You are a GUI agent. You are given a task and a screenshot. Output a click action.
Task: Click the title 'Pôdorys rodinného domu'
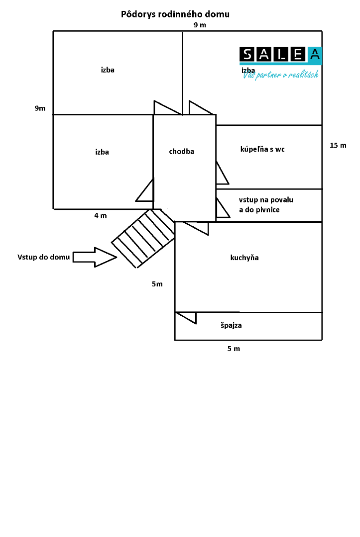pyautogui.click(x=175, y=14)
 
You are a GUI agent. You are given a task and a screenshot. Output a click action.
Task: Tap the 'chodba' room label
pyautogui.click(x=181, y=151)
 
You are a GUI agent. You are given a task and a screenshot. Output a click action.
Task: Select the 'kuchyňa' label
pyautogui.click(x=244, y=258)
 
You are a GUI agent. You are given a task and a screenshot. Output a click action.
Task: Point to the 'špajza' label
pyautogui.click(x=231, y=325)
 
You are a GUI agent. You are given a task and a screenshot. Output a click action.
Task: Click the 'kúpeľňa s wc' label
pyautogui.click(x=262, y=149)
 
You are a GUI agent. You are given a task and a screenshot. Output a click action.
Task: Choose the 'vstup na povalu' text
pyautogui.click(x=266, y=200)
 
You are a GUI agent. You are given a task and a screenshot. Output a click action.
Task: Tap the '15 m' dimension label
pyautogui.click(x=338, y=145)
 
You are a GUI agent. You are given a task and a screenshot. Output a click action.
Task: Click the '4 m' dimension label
pyautogui.click(x=101, y=215)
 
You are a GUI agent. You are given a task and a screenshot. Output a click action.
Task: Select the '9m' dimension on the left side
pyautogui.click(x=40, y=108)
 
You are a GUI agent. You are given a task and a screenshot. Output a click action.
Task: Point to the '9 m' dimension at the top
pyautogui.click(x=200, y=25)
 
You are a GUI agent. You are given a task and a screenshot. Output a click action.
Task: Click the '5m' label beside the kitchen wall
pyautogui.click(x=157, y=284)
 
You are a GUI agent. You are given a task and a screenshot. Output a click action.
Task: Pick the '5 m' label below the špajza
pyautogui.click(x=234, y=349)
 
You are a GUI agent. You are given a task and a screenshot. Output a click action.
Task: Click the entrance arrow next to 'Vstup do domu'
pyautogui.click(x=95, y=257)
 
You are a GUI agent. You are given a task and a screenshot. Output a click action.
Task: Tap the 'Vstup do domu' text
pyautogui.click(x=43, y=257)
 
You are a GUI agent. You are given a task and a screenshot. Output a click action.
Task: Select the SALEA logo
pyautogui.click(x=280, y=55)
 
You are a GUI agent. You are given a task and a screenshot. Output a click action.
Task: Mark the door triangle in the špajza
pyautogui.click(x=186, y=318)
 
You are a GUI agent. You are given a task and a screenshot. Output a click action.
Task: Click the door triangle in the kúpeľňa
pyautogui.click(x=222, y=173)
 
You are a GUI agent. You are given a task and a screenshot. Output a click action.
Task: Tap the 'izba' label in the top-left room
pyautogui.click(x=108, y=70)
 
